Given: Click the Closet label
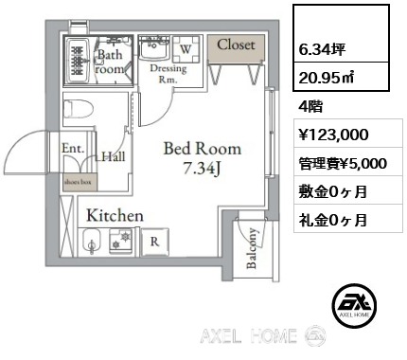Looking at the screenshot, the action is (x=236, y=45).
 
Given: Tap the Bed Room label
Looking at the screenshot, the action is (x=203, y=149).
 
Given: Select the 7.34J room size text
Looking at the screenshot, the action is (x=202, y=169).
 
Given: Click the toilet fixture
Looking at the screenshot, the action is (x=79, y=109).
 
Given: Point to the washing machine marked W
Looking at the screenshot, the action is (x=186, y=48).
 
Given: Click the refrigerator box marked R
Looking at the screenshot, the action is (x=154, y=242).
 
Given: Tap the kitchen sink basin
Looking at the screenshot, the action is (x=92, y=242).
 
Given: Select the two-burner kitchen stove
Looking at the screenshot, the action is (x=121, y=241).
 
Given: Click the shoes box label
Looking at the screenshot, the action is (x=78, y=182).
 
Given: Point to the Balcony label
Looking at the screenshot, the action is (x=252, y=248).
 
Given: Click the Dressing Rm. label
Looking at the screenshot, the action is (x=168, y=74).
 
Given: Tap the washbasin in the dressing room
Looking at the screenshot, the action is (x=154, y=47).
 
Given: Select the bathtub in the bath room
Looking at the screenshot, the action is (x=78, y=61).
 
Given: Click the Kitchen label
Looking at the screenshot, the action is (x=115, y=216).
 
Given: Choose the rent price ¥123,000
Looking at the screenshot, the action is (x=333, y=135).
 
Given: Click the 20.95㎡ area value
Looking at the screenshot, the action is (x=326, y=78).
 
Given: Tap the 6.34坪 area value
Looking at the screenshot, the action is (x=322, y=49).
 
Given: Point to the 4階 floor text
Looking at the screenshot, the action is (x=310, y=106).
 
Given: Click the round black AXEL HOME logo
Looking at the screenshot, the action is (x=354, y=305).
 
